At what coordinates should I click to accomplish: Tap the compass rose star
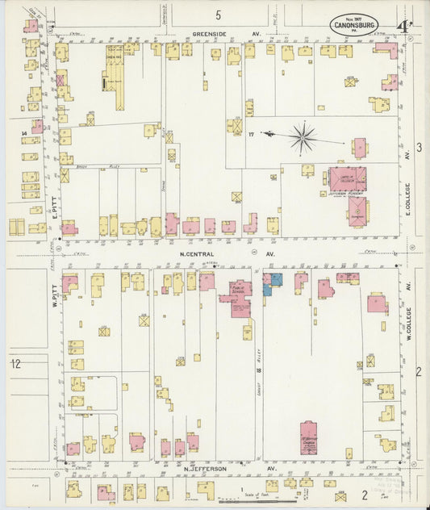(x=303, y=137)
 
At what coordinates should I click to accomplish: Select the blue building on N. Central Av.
(x=276, y=278)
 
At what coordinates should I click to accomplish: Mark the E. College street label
(x=408, y=197)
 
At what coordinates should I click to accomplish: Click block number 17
(x=251, y=134)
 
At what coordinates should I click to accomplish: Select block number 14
(x=24, y=131)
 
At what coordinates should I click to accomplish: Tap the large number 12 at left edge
(x=15, y=363)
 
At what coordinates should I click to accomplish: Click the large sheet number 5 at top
(x=218, y=15)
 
